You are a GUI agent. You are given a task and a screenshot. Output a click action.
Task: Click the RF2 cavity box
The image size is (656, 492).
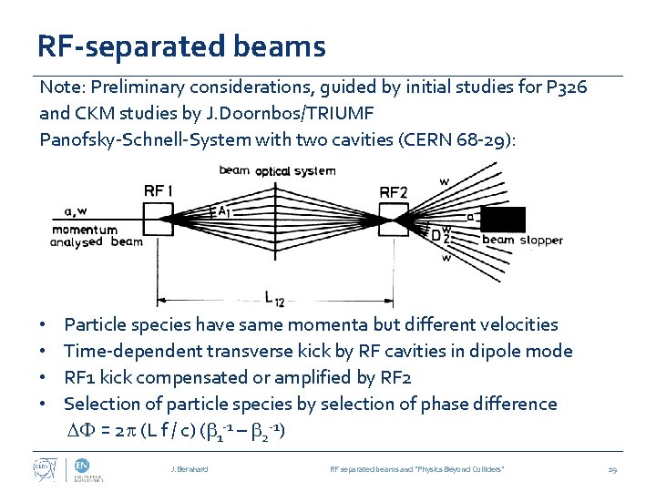395,219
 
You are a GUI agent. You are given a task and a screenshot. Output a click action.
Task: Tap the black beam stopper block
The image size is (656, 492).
503,220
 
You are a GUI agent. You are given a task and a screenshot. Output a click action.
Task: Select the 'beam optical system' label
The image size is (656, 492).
277,170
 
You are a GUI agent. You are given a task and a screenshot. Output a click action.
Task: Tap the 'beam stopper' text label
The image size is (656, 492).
522,241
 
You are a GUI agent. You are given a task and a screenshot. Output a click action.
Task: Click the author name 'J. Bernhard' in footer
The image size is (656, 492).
190,468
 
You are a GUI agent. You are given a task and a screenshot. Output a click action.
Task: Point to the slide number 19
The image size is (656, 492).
612,468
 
